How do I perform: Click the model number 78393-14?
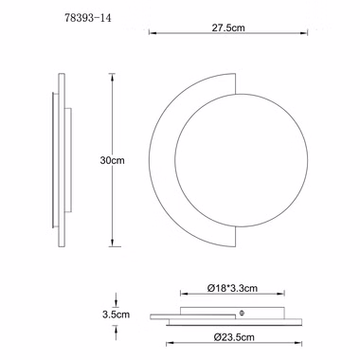pos(88,18)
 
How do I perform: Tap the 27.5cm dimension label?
pos(228,27)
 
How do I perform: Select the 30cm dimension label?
pos(113,160)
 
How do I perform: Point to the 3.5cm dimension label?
pos(116,315)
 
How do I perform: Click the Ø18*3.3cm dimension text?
pos(232,288)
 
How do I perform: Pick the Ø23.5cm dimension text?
pos(234,337)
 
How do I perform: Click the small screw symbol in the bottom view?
pos(243,314)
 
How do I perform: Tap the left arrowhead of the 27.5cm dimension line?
pos(152,32)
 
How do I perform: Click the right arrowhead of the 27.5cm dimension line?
pos(304,32)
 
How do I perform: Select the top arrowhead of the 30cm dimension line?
pos(112,77)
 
